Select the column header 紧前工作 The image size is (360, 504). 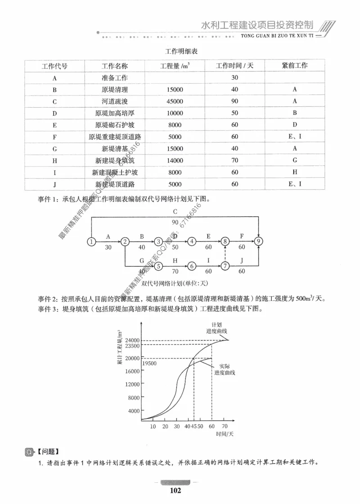pos(295,66)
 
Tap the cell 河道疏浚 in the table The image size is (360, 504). pos(115,101)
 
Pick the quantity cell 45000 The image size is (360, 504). pos(174,101)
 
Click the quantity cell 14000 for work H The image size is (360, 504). pos(174,160)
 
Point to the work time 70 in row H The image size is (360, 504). pos(234,160)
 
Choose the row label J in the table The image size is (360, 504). pos(54,184)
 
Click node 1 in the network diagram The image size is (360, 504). pos(91,242)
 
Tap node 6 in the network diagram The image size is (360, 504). pos(192,266)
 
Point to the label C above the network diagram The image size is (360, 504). pos(175,212)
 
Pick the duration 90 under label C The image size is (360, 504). pos(175,222)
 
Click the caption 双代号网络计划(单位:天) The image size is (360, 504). pos(174,283)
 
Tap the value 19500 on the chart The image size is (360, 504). pos(149,363)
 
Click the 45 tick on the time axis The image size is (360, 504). pos(194,426)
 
